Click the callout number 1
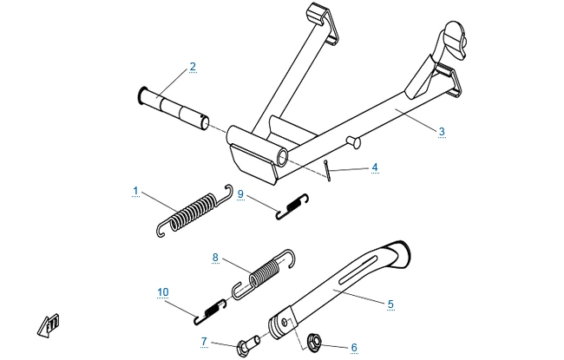tap(135, 191)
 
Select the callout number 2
tap(193, 67)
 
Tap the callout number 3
tap(442, 131)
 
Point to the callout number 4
tap(375, 167)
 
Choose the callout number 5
tap(390, 304)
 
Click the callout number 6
tap(354, 347)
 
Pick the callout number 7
tap(204, 341)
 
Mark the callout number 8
tap(215, 258)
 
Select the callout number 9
tap(240, 194)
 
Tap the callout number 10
tap(163, 292)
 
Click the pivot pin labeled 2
tap(174, 108)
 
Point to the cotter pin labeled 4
tap(328, 171)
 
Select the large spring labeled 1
tap(195, 212)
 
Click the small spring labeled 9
tap(292, 206)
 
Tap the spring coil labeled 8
tap(265, 274)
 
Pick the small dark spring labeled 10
tap(211, 311)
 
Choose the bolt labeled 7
tap(248, 345)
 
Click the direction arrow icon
tap(49, 326)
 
